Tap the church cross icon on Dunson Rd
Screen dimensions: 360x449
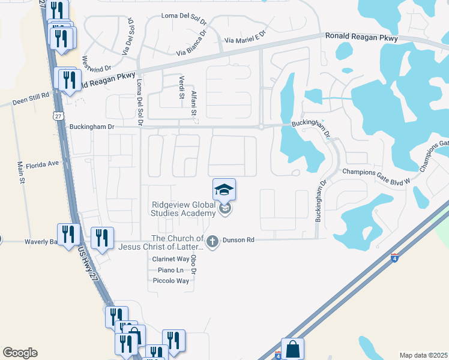[212, 241]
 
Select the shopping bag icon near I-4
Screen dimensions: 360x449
[292, 349]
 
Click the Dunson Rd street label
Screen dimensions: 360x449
[239, 240]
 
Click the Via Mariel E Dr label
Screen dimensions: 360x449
[244, 40]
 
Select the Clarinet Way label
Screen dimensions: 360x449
[170, 259]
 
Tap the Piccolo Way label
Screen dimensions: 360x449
[171, 281]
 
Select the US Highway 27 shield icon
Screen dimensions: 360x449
[57, 114]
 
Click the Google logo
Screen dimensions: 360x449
[20, 353]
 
